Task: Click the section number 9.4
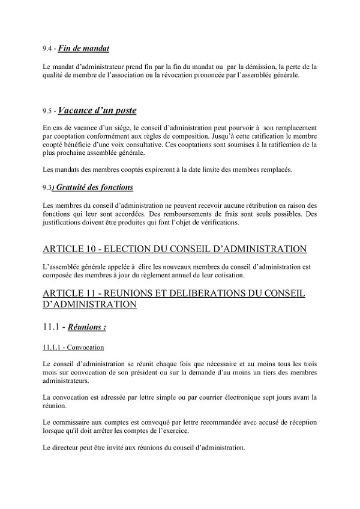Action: (x=47, y=48)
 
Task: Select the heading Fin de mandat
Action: (x=83, y=47)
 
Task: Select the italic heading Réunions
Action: (x=88, y=328)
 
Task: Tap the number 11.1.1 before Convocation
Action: (x=53, y=348)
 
